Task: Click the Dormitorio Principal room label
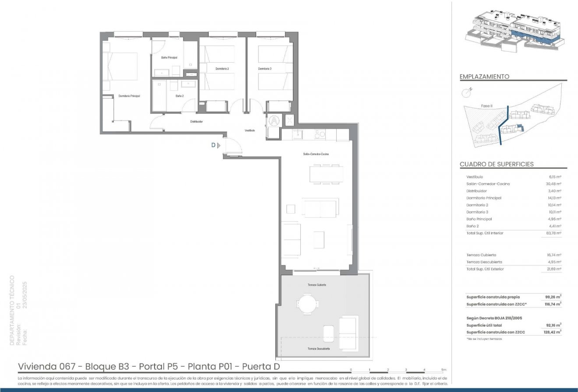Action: pyautogui.click(x=129, y=96)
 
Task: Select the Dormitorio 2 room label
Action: pyautogui.click(x=222, y=69)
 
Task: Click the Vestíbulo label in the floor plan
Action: pyautogui.click(x=250, y=131)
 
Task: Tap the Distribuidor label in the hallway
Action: pyautogui.click(x=196, y=122)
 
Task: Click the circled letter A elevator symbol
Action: pyautogui.click(x=274, y=120)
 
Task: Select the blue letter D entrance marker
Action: pyautogui.click(x=213, y=145)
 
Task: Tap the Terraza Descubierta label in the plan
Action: pyautogui.click(x=318, y=348)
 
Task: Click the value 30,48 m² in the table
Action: pyautogui.click(x=555, y=184)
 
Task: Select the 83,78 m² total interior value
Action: pyautogui.click(x=555, y=233)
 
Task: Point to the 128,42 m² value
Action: pyautogui.click(x=554, y=332)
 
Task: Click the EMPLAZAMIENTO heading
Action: pyautogui.click(x=484, y=77)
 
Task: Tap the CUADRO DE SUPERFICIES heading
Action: pyautogui.click(x=497, y=164)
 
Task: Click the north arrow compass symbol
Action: pyautogui.click(x=467, y=92)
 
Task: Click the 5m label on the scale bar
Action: pyautogui.click(x=443, y=370)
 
